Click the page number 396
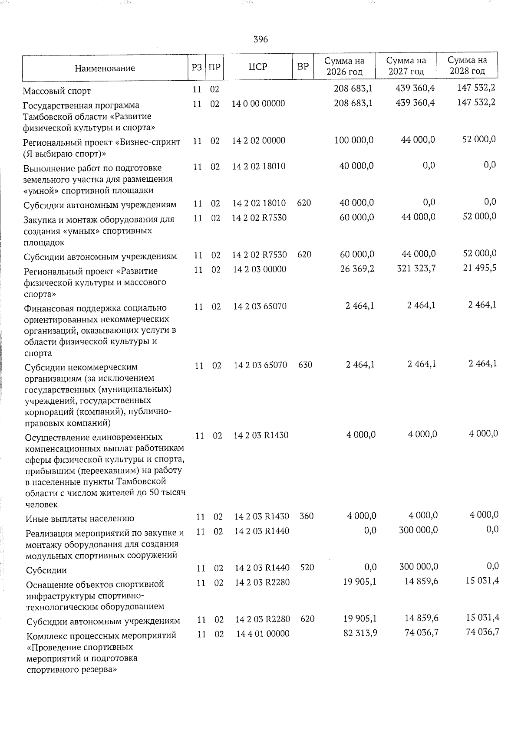(260, 39)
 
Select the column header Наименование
(105, 68)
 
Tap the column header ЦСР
(258, 66)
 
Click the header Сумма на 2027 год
(406, 66)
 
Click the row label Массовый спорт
(57, 91)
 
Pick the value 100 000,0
(354, 140)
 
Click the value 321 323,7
(416, 268)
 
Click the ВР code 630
(305, 365)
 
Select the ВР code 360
(307, 516)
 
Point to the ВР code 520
(307, 567)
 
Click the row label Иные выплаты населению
(80, 519)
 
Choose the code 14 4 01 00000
(263, 634)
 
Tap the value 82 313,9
(360, 633)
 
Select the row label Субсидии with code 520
(46, 570)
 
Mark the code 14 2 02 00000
(259, 141)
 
